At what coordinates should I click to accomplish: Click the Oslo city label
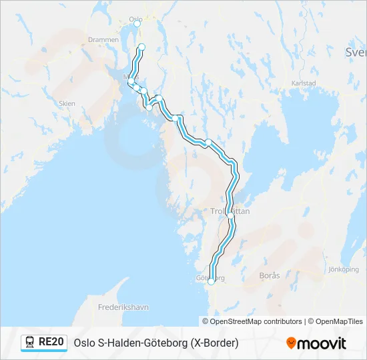pyautogui.click(x=136, y=18)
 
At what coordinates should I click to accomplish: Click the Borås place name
pyautogui.click(x=270, y=275)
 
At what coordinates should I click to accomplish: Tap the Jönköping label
pyautogui.click(x=344, y=269)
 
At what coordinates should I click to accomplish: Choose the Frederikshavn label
pyautogui.click(x=123, y=307)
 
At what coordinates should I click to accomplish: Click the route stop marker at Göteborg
pyautogui.click(x=212, y=282)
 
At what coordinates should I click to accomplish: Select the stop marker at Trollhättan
pyautogui.click(x=230, y=215)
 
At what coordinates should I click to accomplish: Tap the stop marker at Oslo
pyautogui.click(x=137, y=23)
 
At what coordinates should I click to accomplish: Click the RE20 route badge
pyautogui.click(x=51, y=342)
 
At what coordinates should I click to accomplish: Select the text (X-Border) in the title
pyautogui.click(x=214, y=343)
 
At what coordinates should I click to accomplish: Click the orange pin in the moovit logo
pyautogui.click(x=291, y=343)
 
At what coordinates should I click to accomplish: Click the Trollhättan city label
pyautogui.click(x=230, y=210)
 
